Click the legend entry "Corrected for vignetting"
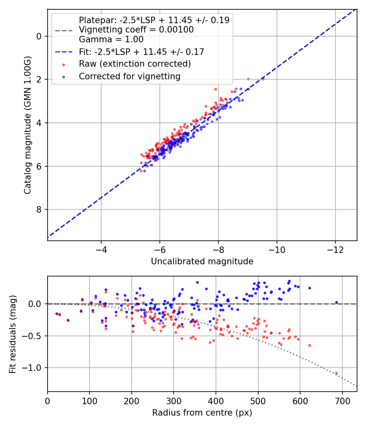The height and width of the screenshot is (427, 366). click(129, 76)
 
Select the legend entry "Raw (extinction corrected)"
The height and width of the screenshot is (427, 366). click(135, 64)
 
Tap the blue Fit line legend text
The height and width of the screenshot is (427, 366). click(141, 52)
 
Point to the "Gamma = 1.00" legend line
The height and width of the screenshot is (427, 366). click(111, 39)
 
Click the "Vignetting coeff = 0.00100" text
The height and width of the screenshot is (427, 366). click(136, 30)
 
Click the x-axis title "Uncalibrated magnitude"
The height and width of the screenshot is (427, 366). click(202, 261)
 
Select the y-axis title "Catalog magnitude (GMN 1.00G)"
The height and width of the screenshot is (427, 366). click(28, 124)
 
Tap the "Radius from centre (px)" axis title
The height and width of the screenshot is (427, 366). click(202, 413)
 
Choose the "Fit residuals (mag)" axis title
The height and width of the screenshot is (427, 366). click(13, 334)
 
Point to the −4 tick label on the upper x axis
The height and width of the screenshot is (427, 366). click(101, 249)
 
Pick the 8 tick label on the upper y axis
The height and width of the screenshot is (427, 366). click(39, 209)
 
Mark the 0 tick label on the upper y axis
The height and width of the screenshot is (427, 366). click(39, 36)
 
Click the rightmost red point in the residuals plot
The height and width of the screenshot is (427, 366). click(336, 373)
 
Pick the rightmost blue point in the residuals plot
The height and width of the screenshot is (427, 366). click(336, 303)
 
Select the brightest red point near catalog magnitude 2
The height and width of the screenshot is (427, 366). click(248, 79)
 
